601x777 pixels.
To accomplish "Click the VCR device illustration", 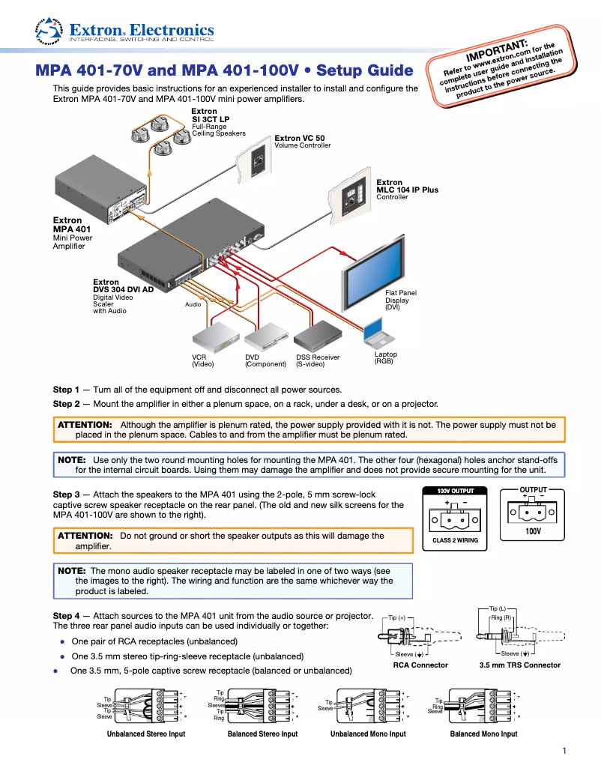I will pyautogui.click(x=214, y=338).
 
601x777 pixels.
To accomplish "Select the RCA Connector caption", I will pyautogui.click(x=420, y=665).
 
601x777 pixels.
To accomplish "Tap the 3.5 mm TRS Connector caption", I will pyautogui.click(x=519, y=665).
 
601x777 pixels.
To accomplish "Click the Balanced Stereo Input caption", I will pyautogui.click(x=262, y=734).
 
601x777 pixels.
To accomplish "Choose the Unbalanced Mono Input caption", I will pyautogui.click(x=368, y=734).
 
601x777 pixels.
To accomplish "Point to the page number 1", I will pyautogui.click(x=564, y=751).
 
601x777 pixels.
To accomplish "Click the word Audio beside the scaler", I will pyautogui.click(x=193, y=305).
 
